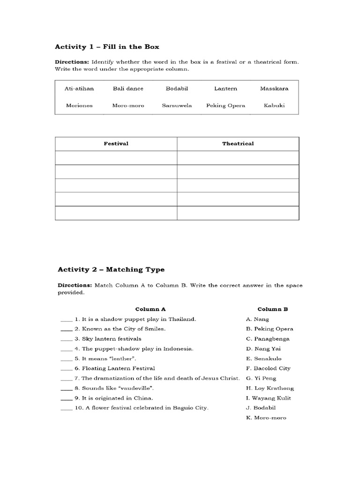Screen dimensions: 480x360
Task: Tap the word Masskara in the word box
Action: [x=274, y=89]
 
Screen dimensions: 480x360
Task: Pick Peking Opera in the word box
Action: [x=225, y=105]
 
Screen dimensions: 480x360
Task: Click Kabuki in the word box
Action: [x=274, y=105]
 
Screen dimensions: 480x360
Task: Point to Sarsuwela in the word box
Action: [x=177, y=105]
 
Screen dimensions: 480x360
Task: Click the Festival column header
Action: [x=116, y=143]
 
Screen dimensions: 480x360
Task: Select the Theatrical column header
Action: [x=238, y=143]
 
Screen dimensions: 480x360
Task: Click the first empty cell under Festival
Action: [x=116, y=158]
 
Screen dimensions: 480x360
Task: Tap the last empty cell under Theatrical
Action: [x=238, y=213]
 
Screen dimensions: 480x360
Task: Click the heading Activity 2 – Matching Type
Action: [x=111, y=270]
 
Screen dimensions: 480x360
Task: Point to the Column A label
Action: [x=150, y=309]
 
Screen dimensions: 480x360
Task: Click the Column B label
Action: [x=272, y=309]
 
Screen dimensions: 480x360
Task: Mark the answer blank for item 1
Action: [x=66, y=320]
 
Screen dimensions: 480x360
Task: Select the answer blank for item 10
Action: [x=66, y=409]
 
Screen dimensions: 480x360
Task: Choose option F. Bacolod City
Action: [x=268, y=368]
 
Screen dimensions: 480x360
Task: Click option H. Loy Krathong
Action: [x=270, y=388]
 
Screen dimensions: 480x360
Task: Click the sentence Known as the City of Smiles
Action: [x=123, y=329]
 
